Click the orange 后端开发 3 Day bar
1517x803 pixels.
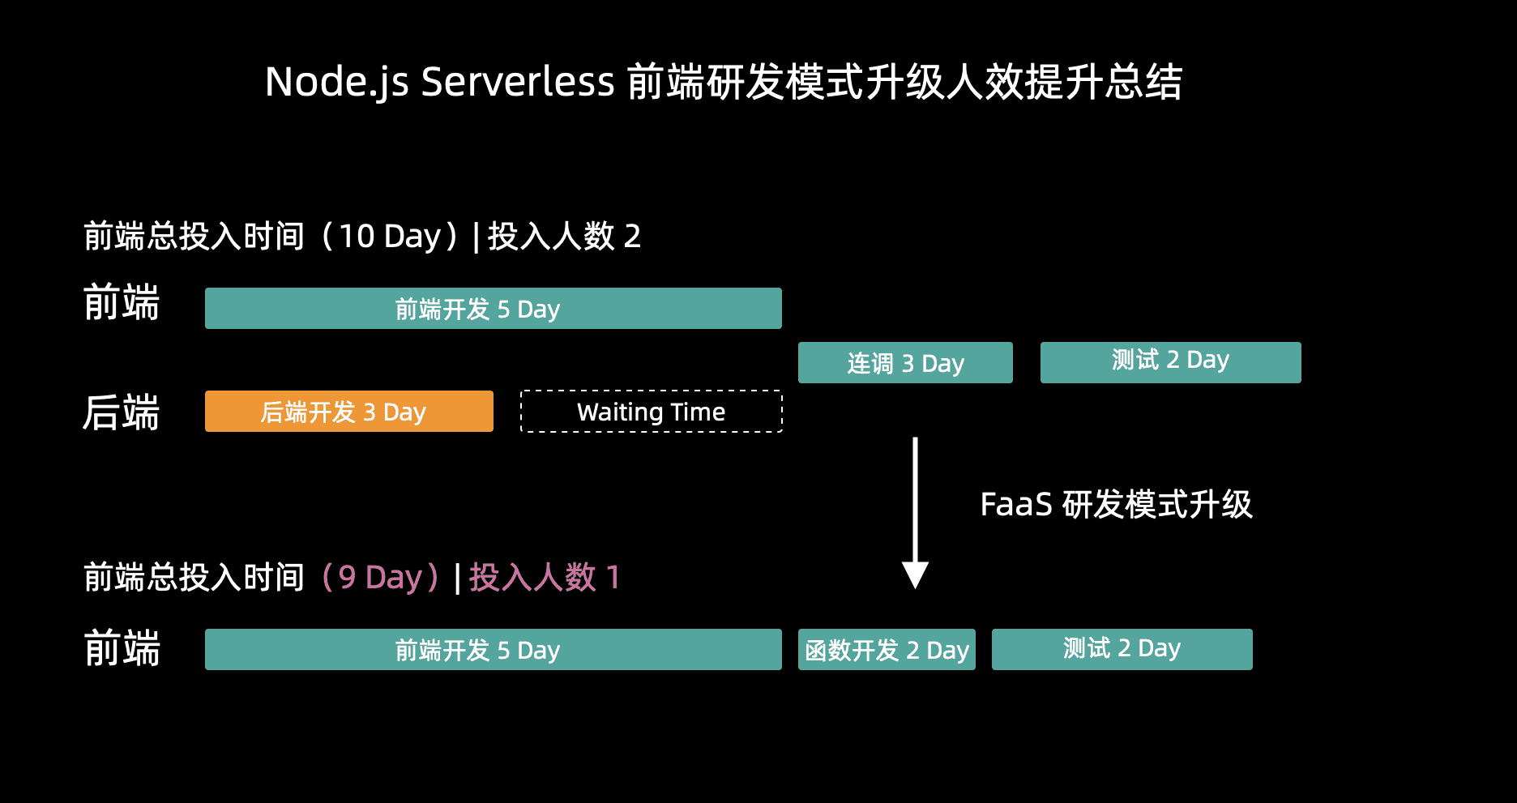(348, 412)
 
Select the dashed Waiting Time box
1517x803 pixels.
(651, 412)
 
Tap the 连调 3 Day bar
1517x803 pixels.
(905, 363)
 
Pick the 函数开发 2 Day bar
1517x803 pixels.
(887, 650)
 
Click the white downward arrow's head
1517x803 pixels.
(915, 574)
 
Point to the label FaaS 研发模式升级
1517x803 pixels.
(1116, 505)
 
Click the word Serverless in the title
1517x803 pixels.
(518, 82)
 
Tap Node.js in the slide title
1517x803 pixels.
(337, 82)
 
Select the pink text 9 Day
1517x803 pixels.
(381, 578)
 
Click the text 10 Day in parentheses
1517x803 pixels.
(389, 237)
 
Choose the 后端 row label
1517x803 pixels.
(122, 412)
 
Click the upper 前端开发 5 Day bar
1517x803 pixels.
(493, 309)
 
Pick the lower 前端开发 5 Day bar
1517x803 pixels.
(493, 650)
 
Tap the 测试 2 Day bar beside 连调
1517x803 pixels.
(1170, 362)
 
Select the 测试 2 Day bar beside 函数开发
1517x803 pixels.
(1122, 649)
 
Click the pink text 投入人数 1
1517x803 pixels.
(545, 578)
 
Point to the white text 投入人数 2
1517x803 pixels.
(564, 237)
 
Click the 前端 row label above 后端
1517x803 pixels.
(122, 303)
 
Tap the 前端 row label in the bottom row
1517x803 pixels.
(122, 649)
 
